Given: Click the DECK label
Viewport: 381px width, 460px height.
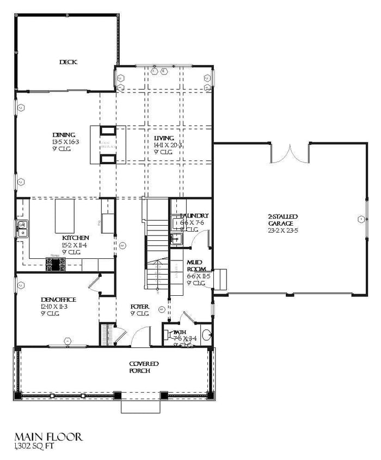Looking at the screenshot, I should [68, 62].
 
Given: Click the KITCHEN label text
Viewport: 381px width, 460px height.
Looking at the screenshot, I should [76, 238].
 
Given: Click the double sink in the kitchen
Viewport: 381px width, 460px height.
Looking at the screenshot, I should [23, 229].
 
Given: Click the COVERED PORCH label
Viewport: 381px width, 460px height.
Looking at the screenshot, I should [144, 367].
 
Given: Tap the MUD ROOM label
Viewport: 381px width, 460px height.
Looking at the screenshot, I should [195, 266].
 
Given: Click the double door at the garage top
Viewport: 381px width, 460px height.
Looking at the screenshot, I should [289, 153].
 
